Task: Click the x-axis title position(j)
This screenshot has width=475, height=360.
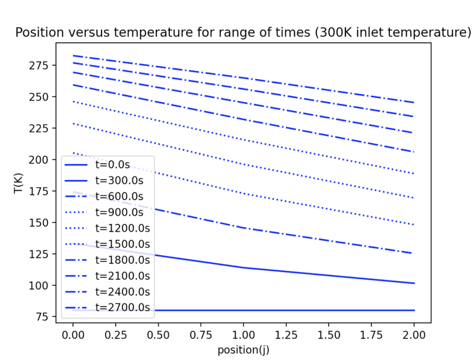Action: click(x=243, y=350)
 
